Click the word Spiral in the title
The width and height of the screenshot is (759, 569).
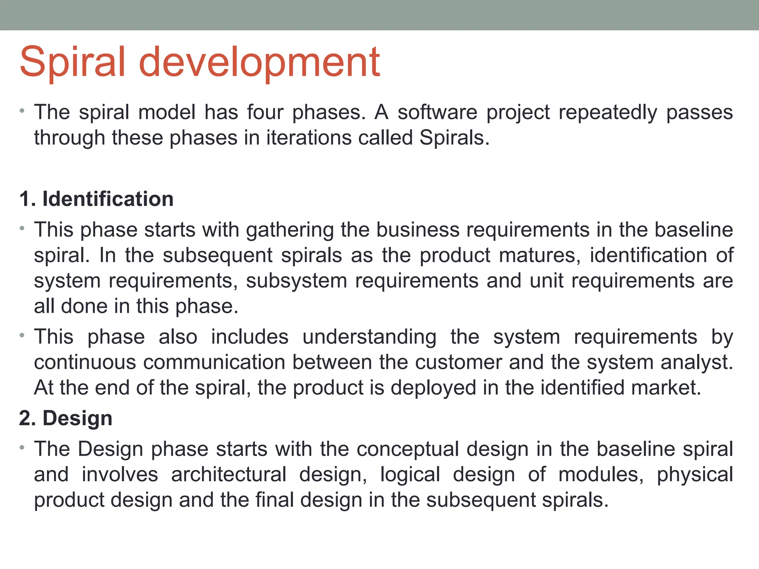pos(72,62)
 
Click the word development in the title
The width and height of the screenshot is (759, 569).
pos(259,62)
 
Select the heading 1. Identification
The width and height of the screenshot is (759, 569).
pos(96,199)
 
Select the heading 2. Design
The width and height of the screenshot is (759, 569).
pos(66,418)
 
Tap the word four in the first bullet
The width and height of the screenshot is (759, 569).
pos(265,112)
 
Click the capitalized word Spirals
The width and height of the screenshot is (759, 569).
pos(454,138)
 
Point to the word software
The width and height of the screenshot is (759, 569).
pos(437,112)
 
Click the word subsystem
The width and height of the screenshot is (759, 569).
pos(296,281)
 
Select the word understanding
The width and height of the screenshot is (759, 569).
pos(369,337)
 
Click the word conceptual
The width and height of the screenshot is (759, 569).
pos(408,449)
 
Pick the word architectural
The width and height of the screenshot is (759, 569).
pos(229,475)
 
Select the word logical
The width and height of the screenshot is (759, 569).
pos(410,475)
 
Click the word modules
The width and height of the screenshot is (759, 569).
pos(601,475)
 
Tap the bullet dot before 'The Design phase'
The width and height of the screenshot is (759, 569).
pos(22,448)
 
